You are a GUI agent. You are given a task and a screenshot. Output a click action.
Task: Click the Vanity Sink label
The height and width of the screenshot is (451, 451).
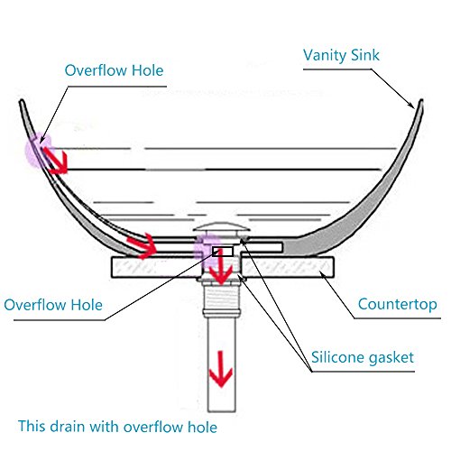(341, 56)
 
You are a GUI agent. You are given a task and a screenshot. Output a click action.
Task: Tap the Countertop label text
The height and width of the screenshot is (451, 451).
(398, 304)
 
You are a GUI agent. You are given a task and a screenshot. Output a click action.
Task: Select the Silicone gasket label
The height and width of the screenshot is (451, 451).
(363, 357)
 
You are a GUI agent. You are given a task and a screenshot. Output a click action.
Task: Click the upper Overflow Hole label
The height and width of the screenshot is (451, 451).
(114, 70)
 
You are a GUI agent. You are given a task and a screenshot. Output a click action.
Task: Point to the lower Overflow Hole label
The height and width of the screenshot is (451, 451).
(53, 305)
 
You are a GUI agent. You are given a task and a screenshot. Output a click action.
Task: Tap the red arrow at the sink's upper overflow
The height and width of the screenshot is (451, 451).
(56, 161)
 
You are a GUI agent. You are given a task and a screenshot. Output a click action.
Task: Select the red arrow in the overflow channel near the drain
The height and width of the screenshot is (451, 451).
(142, 245)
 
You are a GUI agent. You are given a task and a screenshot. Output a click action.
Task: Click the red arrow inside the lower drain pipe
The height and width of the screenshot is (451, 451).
(221, 369)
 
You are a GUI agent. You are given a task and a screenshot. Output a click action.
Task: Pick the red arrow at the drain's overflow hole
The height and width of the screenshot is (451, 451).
(221, 267)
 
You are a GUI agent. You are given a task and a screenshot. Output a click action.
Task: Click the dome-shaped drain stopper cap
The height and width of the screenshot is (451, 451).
(222, 227)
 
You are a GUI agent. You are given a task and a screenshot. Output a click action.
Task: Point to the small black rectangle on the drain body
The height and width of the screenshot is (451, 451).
(223, 252)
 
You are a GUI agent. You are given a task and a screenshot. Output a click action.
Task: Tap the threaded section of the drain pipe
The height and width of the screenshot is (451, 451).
(222, 298)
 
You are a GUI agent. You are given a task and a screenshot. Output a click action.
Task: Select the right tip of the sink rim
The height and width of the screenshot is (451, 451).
(421, 101)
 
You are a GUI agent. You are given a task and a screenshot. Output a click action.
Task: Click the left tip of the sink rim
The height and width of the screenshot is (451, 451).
(22, 101)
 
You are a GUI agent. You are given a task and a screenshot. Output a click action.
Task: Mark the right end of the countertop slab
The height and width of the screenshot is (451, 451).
(334, 267)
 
